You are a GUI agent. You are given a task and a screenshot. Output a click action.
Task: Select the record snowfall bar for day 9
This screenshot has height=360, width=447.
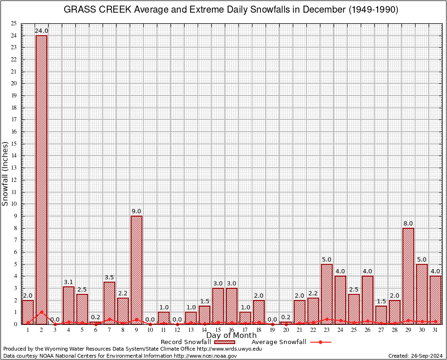click(136, 270)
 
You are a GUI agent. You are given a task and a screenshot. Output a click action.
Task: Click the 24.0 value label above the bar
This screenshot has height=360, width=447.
click(42, 31)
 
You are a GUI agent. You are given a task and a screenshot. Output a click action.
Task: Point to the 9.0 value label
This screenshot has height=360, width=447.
click(136, 211)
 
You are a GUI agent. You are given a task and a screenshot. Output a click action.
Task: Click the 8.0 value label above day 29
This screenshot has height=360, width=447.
click(408, 224)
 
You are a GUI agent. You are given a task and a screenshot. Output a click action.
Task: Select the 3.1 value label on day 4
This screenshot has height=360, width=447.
click(69, 282)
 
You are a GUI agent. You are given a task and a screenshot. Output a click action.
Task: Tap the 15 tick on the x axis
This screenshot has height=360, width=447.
click(218, 330)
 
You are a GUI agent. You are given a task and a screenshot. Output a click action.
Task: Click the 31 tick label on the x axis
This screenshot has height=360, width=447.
click(435, 330)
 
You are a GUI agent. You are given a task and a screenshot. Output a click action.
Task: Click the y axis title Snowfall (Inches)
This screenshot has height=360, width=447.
click(5, 173)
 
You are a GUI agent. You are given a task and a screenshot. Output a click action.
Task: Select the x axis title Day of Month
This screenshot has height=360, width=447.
click(231, 336)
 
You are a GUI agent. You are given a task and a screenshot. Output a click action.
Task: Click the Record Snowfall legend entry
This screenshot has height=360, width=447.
click(186, 342)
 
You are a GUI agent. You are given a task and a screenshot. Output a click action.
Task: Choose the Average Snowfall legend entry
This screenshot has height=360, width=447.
click(278, 342)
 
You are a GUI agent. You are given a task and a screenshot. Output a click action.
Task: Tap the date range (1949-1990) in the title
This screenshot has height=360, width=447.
click(373, 10)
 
